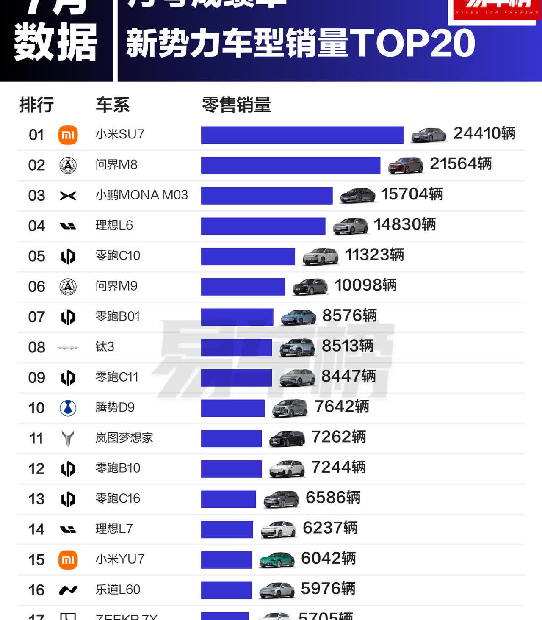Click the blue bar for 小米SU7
point(302,135)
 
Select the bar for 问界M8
point(290,165)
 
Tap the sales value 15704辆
point(412,194)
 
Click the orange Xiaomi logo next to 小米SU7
point(68,135)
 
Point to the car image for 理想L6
point(350,226)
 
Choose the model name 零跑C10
point(118,256)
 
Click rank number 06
point(36,287)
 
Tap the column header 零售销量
point(236,105)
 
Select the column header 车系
point(112,105)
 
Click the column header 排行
point(36,105)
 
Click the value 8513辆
point(347,346)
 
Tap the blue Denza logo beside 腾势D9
point(68,408)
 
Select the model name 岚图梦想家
point(124,437)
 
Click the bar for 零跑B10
point(231,469)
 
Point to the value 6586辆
point(333,498)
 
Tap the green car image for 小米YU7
point(277,560)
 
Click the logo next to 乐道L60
point(68,590)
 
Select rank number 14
point(36,529)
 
